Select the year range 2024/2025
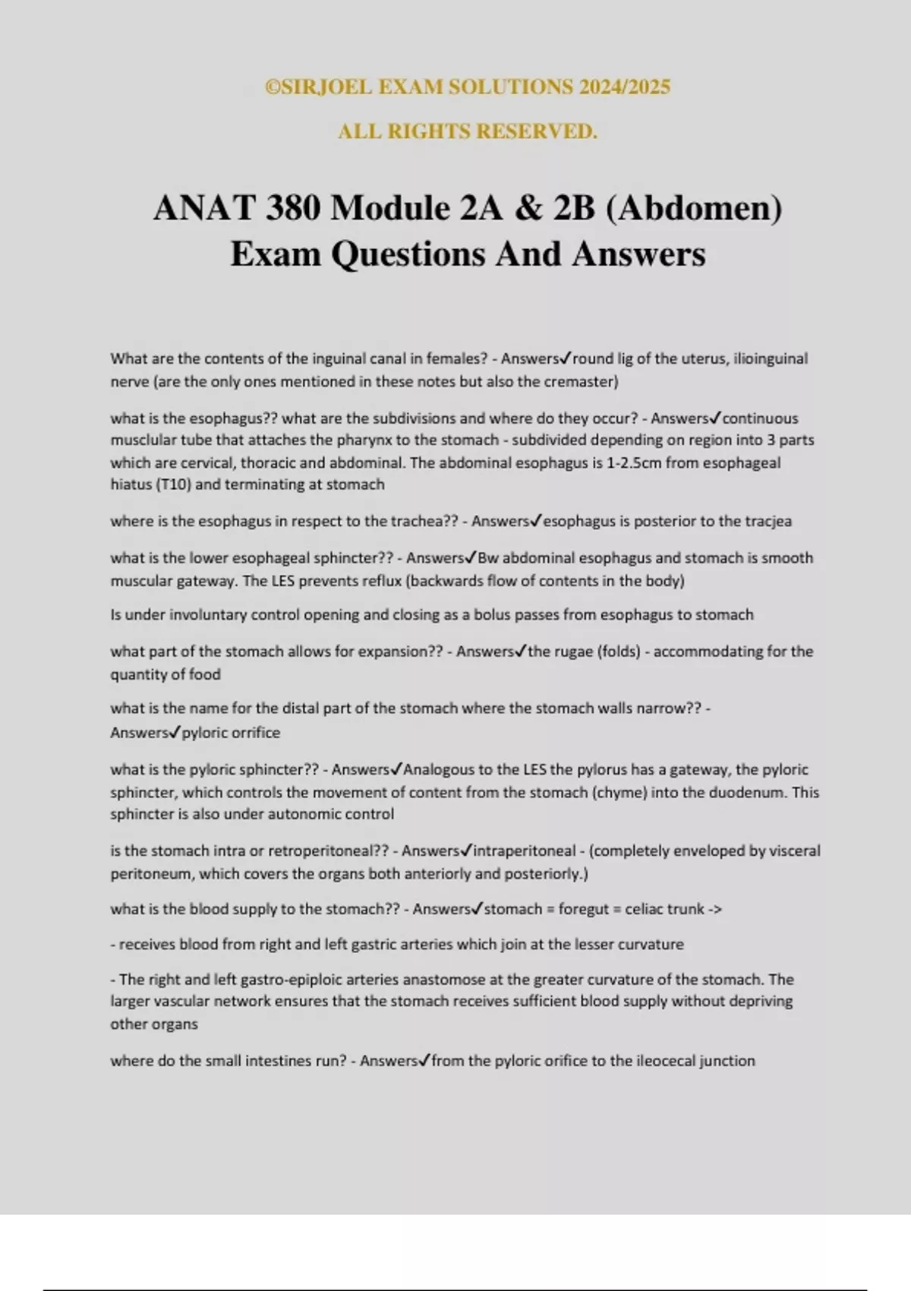(x=624, y=87)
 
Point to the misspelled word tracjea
(x=768, y=521)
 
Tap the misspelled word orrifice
(x=250, y=733)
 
